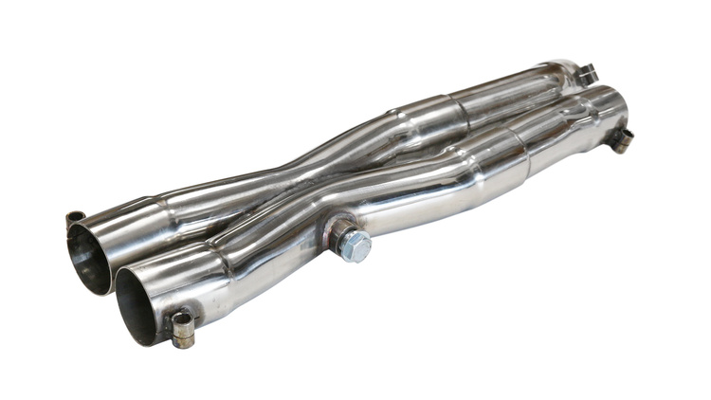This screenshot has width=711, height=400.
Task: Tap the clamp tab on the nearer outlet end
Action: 621,139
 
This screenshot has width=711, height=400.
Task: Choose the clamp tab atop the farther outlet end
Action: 588,73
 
